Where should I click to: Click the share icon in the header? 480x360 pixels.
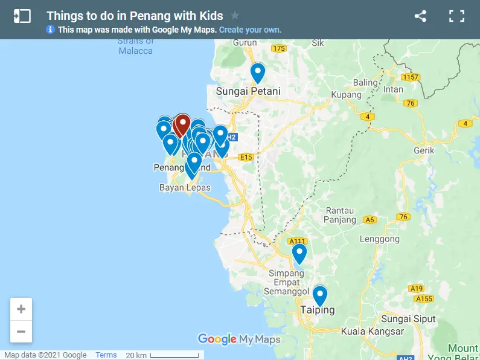pos(420,16)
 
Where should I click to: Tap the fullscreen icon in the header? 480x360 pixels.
pos(456,16)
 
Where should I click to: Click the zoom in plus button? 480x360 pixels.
pos(21,309)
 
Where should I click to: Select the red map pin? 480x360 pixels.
pos(182,124)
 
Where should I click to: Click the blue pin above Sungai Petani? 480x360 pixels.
pos(258,72)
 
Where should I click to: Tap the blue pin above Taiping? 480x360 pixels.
pos(319,295)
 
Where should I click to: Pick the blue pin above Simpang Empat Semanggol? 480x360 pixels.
pos(299,252)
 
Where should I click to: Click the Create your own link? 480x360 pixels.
pos(250,30)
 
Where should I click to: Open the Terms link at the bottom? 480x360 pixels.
pos(106,355)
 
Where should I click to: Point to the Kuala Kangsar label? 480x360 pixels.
pos(372,332)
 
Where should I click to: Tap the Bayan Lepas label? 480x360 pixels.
pos(185,188)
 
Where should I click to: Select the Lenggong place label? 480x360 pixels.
pos(379,239)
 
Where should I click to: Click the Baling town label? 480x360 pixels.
pos(365,83)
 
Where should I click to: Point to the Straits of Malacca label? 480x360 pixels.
pos(136,46)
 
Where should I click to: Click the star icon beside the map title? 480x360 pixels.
pos(235,16)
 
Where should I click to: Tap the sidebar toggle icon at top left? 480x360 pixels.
pos(22,16)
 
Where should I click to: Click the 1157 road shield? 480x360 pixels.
pos(411,77)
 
